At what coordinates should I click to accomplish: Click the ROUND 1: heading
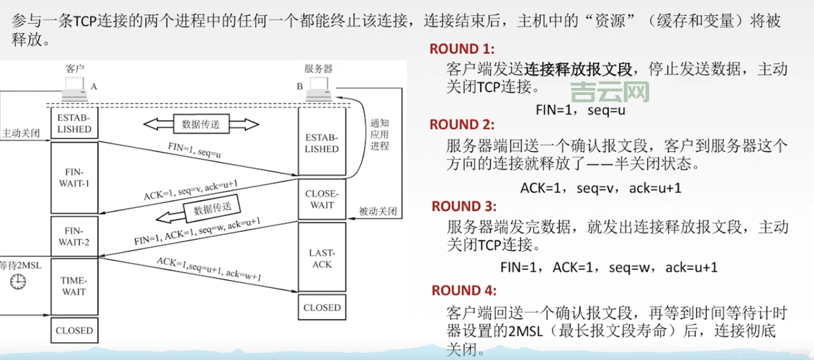tap(462, 49)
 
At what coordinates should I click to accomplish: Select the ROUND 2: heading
tap(463, 124)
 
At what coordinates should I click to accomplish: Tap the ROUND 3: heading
tap(464, 206)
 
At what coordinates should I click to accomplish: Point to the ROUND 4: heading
tap(464, 291)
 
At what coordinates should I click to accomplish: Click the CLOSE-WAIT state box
tap(322, 199)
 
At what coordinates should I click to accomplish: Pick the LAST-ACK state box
tap(322, 258)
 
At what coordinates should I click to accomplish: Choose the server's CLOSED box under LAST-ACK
tap(322, 307)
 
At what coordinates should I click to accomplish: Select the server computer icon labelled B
tap(317, 90)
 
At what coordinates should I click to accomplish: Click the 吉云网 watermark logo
tap(609, 92)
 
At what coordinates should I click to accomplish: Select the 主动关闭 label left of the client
tap(20, 133)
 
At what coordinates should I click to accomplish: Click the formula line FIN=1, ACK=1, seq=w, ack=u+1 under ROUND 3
tap(609, 267)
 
